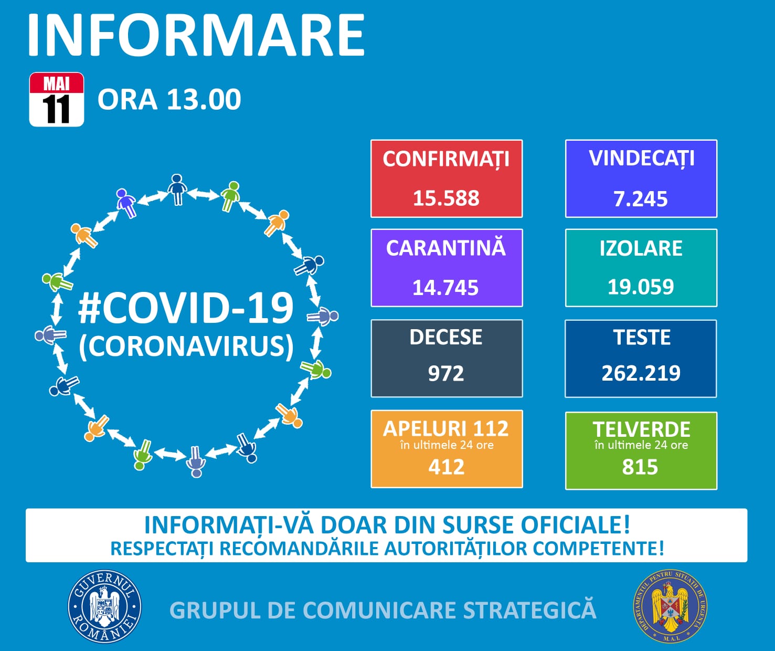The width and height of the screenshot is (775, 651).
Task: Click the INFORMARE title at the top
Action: click(x=196, y=35)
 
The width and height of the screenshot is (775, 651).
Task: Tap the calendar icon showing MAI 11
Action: click(x=57, y=100)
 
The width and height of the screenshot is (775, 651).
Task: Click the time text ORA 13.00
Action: click(x=169, y=99)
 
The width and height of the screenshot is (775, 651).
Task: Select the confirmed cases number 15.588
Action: click(x=446, y=198)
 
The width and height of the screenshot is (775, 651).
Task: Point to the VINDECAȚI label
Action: click(x=641, y=159)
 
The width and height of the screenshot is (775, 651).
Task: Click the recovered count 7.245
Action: click(x=641, y=199)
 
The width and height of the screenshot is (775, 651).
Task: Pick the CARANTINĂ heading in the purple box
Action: click(x=446, y=248)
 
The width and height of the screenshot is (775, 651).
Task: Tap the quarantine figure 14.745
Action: click(x=445, y=288)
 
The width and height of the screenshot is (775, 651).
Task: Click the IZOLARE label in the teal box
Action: click(x=641, y=248)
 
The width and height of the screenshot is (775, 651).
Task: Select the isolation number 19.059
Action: click(x=641, y=287)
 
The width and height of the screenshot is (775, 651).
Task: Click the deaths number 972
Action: click(x=446, y=374)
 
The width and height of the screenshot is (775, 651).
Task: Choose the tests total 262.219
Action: click(x=641, y=373)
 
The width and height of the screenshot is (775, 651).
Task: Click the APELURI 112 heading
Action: click(x=446, y=429)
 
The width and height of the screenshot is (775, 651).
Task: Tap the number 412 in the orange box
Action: click(x=446, y=467)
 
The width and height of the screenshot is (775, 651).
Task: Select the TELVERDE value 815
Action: click(x=640, y=467)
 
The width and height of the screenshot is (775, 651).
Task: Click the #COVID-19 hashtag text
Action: click(x=186, y=308)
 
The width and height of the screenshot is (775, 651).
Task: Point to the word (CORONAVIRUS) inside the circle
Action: click(x=186, y=346)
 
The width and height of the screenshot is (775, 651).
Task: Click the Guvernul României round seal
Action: click(x=104, y=607)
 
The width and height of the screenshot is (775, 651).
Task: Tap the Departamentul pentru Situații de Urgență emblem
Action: click(x=670, y=607)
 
